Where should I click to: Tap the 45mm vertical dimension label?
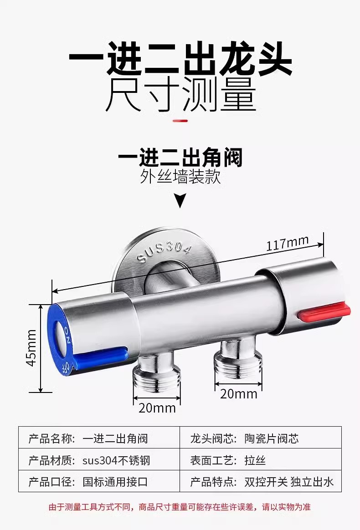coord(31,347)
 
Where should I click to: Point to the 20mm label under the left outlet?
coord(157,408)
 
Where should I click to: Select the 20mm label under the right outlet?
coord(238,393)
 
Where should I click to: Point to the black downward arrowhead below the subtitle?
coord(181,200)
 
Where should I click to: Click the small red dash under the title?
coord(180,121)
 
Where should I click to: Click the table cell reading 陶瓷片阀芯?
coord(271,439)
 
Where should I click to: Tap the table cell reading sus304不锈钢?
coord(116,460)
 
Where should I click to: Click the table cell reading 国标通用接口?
coord(115,482)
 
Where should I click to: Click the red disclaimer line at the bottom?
coord(180,507)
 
